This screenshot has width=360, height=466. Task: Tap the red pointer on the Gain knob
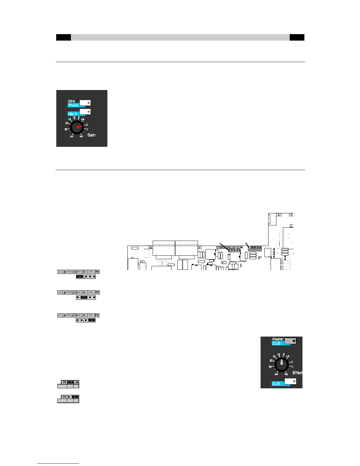pyautogui.click(x=79, y=127)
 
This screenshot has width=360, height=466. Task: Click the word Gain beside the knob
pyautogui.click(x=91, y=135)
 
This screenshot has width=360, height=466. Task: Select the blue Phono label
pyautogui.click(x=74, y=105)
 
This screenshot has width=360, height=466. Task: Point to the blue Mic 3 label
pyautogui.click(x=73, y=114)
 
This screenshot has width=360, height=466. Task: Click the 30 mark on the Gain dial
pyautogui.click(x=66, y=129)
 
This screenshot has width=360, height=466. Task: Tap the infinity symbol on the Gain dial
pyautogui.click(x=72, y=136)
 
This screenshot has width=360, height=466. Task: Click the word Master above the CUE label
pyautogui.click(x=278, y=339)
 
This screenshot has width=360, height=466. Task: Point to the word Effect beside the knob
pyautogui.click(x=297, y=373)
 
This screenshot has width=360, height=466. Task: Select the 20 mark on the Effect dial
pyautogui.click(x=272, y=360)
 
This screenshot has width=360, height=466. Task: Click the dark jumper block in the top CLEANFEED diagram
pyautogui.click(x=80, y=277)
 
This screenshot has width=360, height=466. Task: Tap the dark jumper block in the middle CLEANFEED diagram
pyautogui.click(x=84, y=297)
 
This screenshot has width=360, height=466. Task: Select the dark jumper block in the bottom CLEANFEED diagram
pyautogui.click(x=92, y=320)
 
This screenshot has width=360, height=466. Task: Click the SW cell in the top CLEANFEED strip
pyautogui.click(x=91, y=272)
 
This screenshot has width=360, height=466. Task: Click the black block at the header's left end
pyautogui.click(x=64, y=37)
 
